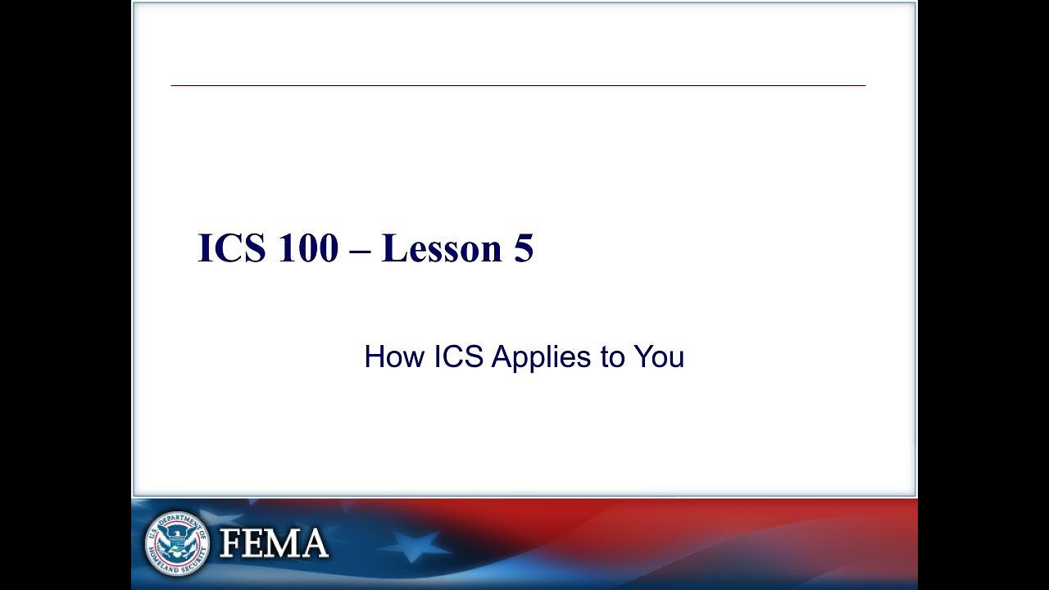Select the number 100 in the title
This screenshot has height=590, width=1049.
click(x=307, y=248)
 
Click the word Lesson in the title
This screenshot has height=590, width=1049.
click(x=442, y=248)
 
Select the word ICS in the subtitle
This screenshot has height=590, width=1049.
click(x=458, y=357)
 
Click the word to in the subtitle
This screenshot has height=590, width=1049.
click(x=612, y=357)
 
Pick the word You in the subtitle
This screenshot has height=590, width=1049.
click(x=658, y=357)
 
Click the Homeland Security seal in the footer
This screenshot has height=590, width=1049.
click(x=177, y=543)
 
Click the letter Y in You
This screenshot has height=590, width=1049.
click(x=642, y=357)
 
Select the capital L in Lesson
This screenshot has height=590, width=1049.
click(x=393, y=248)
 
